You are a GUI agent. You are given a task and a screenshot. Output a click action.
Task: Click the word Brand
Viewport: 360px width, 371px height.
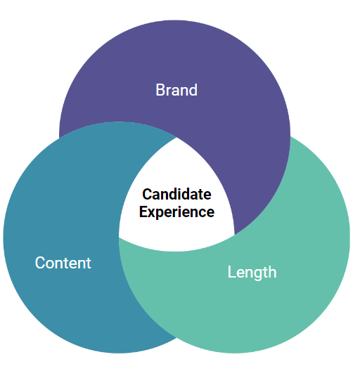176,90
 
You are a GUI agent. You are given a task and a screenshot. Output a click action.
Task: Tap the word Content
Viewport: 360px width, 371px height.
63,263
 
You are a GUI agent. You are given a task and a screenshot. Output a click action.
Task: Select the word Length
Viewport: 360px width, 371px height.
252,273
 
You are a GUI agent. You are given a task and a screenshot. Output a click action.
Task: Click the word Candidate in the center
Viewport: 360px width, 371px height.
176,194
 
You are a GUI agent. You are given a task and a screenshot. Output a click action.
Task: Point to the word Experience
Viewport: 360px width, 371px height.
176,212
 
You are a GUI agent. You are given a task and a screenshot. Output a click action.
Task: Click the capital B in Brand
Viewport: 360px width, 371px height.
160,90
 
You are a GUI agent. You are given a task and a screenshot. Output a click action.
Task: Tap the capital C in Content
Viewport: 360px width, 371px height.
40,263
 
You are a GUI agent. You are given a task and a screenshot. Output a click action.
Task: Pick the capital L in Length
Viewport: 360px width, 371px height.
231,272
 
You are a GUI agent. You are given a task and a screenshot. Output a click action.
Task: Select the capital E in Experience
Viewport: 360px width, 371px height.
143,211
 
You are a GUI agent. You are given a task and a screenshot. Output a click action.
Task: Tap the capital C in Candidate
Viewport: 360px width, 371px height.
147,194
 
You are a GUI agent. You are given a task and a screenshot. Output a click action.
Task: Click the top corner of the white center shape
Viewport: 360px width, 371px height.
176,137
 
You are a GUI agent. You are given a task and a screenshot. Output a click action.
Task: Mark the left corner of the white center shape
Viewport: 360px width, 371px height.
119,237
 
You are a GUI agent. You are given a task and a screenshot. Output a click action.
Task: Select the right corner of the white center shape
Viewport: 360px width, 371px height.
234,235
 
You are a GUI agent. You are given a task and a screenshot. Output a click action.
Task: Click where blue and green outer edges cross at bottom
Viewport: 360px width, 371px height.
176,338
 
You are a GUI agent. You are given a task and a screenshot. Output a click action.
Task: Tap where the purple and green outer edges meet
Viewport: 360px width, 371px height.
290,137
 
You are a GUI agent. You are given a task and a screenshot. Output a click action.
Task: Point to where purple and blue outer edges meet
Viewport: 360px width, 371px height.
60,138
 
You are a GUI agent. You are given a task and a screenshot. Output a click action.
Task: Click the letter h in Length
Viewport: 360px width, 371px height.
272,271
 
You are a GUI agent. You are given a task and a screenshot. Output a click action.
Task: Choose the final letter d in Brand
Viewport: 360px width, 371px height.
193,90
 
